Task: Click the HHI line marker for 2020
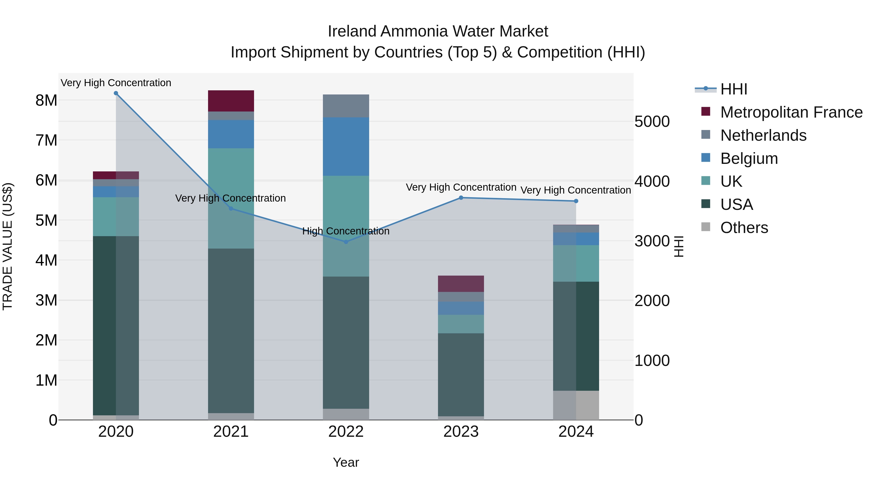point(116,93)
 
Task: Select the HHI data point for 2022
point(346,242)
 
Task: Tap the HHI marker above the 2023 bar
point(461,198)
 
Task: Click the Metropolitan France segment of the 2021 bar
point(231,101)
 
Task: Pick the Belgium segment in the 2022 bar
point(346,146)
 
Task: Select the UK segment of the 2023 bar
point(461,324)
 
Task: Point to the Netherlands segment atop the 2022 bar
point(346,106)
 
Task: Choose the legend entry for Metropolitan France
point(791,112)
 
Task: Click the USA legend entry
point(736,205)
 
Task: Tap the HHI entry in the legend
point(733,89)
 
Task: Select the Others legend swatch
point(706,227)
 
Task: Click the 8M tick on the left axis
point(46,100)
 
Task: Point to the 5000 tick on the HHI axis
point(652,121)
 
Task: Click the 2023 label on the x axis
point(461,432)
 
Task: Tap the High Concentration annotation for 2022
point(346,231)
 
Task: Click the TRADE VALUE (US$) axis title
point(8,246)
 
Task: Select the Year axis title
point(346,462)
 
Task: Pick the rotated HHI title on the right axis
point(679,246)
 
